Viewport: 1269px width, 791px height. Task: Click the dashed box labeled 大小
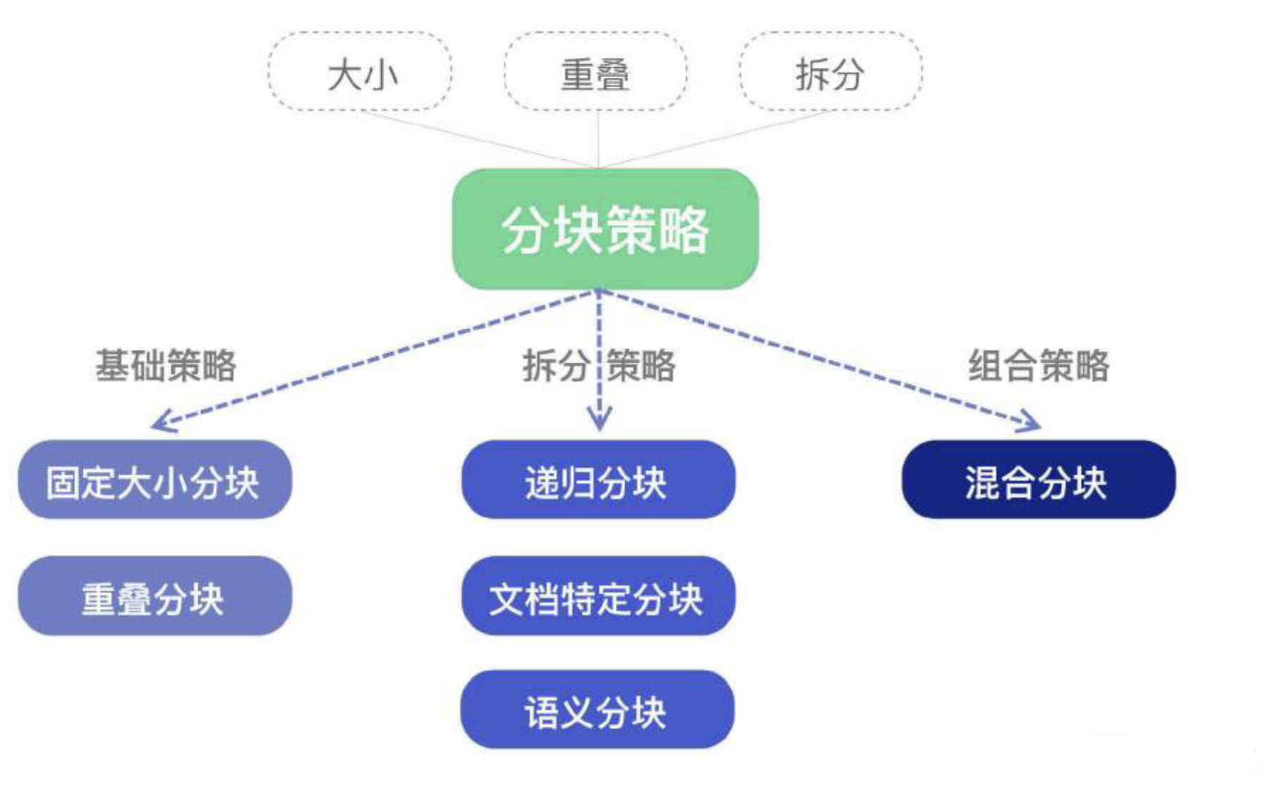[x=360, y=71]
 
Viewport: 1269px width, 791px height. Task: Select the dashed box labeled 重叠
[x=596, y=71]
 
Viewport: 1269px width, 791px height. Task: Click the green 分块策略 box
[x=605, y=229]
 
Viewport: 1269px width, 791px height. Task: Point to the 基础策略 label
[x=166, y=366]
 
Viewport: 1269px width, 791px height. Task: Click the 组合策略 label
[x=1038, y=366]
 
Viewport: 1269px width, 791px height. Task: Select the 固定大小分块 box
[x=154, y=480]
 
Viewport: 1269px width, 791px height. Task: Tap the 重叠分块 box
[x=154, y=596]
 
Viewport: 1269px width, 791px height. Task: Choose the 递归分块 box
[x=598, y=480]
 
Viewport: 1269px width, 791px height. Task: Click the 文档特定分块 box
[x=598, y=596]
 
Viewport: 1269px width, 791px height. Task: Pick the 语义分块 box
[x=597, y=710]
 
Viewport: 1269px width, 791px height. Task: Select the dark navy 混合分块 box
[x=1038, y=480]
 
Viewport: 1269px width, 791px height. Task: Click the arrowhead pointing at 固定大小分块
[x=161, y=423]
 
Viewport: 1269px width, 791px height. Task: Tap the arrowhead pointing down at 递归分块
[x=600, y=421]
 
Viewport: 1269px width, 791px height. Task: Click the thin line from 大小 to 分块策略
[x=478, y=139]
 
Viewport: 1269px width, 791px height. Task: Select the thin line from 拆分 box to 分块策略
[x=714, y=139]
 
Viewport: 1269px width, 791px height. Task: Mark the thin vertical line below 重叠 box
[x=598, y=139]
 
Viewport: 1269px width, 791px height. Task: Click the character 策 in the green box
[x=631, y=230]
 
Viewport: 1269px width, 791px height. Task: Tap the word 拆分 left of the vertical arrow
[x=555, y=366]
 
